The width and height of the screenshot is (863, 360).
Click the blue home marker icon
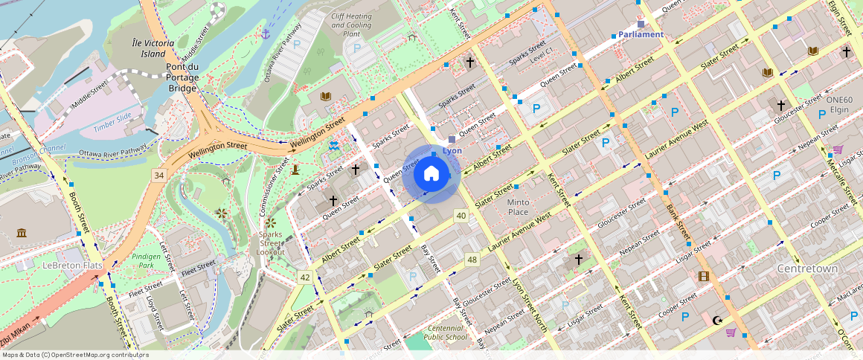pos(431,174)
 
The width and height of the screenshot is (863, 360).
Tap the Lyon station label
pos(452,150)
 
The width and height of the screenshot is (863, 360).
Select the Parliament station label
pos(641,34)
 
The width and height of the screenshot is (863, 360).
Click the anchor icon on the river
pos(265,33)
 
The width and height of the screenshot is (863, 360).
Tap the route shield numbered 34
pos(158,175)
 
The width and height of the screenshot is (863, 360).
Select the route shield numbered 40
pos(461,216)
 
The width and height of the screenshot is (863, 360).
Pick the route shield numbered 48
pos(472,259)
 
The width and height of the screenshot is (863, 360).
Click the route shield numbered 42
pos(305,277)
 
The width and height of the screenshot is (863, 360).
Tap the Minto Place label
pos(518,207)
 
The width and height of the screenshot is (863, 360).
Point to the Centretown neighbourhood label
pos(807,268)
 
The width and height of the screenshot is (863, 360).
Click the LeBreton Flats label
pos(72,266)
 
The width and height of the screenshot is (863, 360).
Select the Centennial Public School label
pos(447,332)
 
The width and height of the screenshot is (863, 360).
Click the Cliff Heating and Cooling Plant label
pos(351,25)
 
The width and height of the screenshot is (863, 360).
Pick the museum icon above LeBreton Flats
pos(22,233)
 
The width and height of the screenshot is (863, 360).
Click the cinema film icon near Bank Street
pos(704,277)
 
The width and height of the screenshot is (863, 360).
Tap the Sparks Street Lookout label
pos(271,243)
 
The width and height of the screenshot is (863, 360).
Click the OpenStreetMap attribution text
pos(75,355)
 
